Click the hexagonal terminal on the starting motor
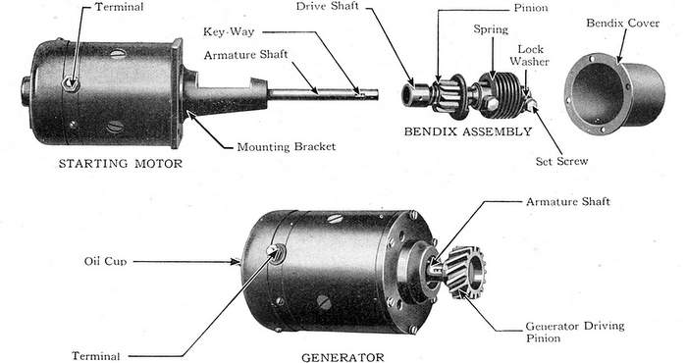tap(70, 83)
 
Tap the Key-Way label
tap(229, 32)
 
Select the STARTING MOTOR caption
tap(121, 164)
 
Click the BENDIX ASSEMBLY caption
tap(468, 131)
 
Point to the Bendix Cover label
tap(622, 24)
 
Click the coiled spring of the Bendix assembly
tap(502, 94)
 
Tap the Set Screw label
tap(561, 161)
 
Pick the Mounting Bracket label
tap(287, 147)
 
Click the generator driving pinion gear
tap(466, 272)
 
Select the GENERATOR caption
tap(343, 357)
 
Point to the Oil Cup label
tap(105, 261)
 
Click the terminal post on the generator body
tap(276, 253)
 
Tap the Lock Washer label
tap(530, 55)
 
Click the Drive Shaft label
tap(327, 6)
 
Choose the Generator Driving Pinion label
tap(575, 332)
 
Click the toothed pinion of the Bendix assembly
tap(449, 96)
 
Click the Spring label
tap(491, 29)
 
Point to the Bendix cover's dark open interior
tap(597, 93)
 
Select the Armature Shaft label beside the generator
tap(568, 201)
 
